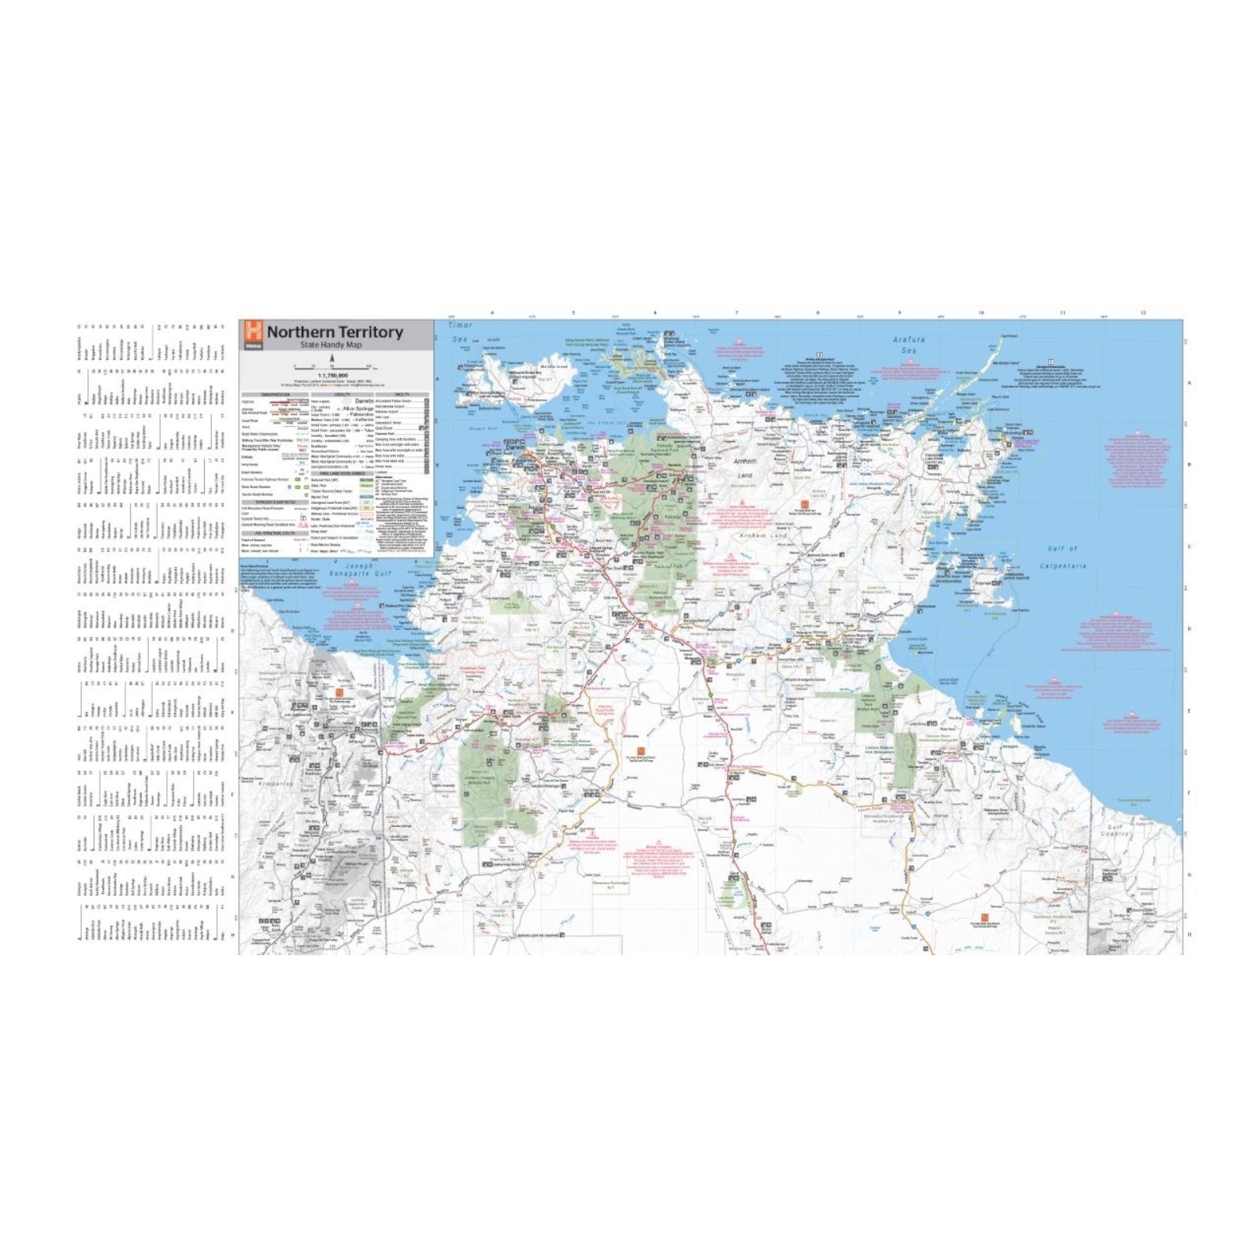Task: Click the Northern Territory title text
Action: [x=335, y=332]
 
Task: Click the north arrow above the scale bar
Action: [x=332, y=358]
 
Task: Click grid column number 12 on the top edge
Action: [x=1143, y=313]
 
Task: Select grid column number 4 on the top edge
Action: [x=492, y=313]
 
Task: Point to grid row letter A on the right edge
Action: [x=1189, y=384]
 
